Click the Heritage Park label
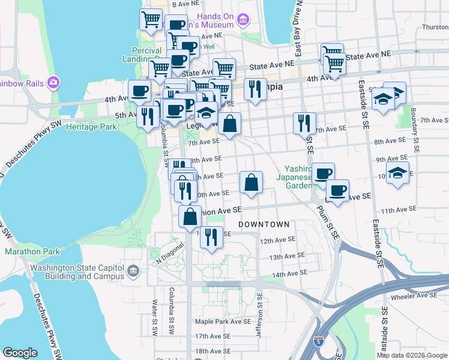point(91,127)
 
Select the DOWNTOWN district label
point(264,224)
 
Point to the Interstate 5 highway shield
point(318,340)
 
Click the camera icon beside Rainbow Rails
point(53,82)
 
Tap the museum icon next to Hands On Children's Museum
point(243,21)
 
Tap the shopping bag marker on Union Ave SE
point(190,216)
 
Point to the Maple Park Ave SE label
point(222,322)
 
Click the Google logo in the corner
point(20,353)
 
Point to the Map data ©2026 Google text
point(412,355)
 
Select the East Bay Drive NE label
point(302,30)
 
